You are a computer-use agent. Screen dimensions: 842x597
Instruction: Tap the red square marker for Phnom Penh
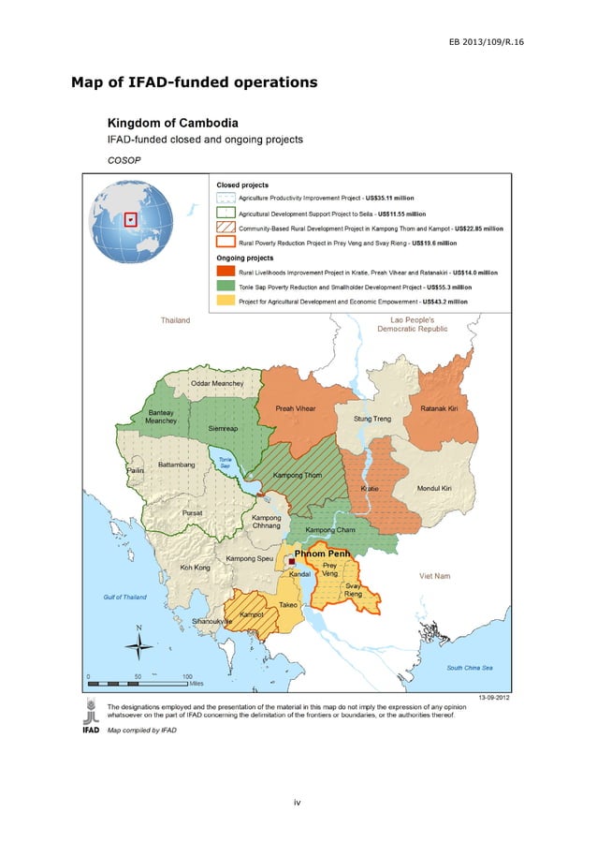[290, 562]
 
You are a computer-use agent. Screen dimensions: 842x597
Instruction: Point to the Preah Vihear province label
[294, 408]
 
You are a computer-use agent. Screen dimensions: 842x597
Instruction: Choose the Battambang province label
[176, 464]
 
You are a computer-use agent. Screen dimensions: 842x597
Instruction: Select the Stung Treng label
[371, 419]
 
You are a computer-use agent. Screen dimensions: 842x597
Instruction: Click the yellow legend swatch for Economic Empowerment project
[225, 302]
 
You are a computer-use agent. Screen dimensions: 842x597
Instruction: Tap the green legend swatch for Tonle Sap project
[225, 287]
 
